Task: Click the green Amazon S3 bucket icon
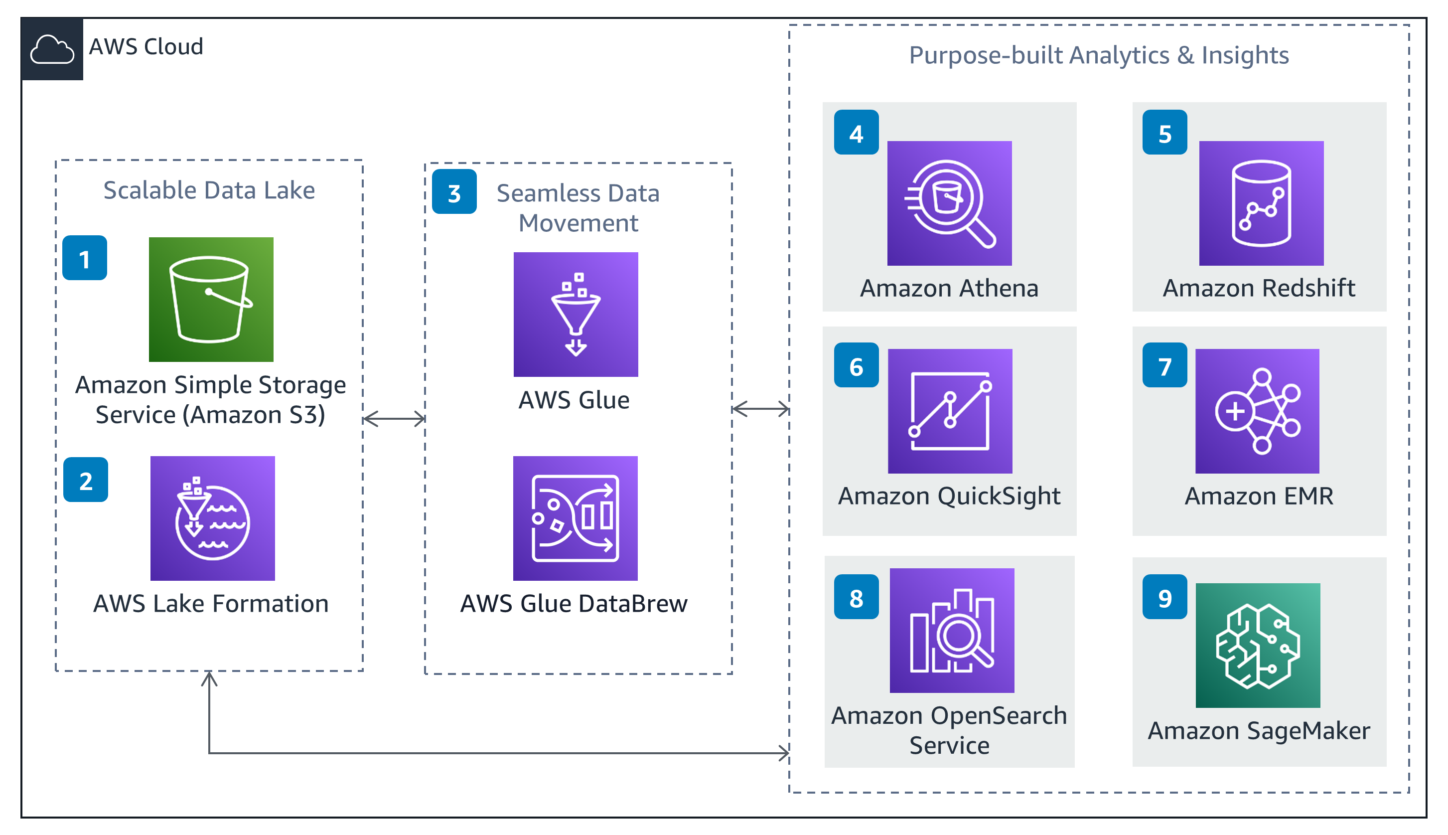[211, 300]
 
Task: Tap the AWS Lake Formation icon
[213, 518]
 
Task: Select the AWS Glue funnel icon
[576, 314]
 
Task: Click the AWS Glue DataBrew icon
[575, 518]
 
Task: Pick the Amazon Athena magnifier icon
[949, 203]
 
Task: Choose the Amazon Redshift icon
[1261, 203]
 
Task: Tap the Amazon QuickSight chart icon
[950, 411]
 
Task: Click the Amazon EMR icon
[1257, 411]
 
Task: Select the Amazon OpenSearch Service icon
[952, 630]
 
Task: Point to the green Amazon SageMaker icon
[1258, 645]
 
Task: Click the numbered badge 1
[85, 258]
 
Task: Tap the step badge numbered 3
[454, 191]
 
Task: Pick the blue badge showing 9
[1164, 596]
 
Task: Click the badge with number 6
[857, 365]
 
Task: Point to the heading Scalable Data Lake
[209, 190]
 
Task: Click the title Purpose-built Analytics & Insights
[1099, 56]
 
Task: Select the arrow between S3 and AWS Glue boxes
[394, 419]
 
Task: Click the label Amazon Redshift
[1259, 288]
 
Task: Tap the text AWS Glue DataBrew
[574, 603]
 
